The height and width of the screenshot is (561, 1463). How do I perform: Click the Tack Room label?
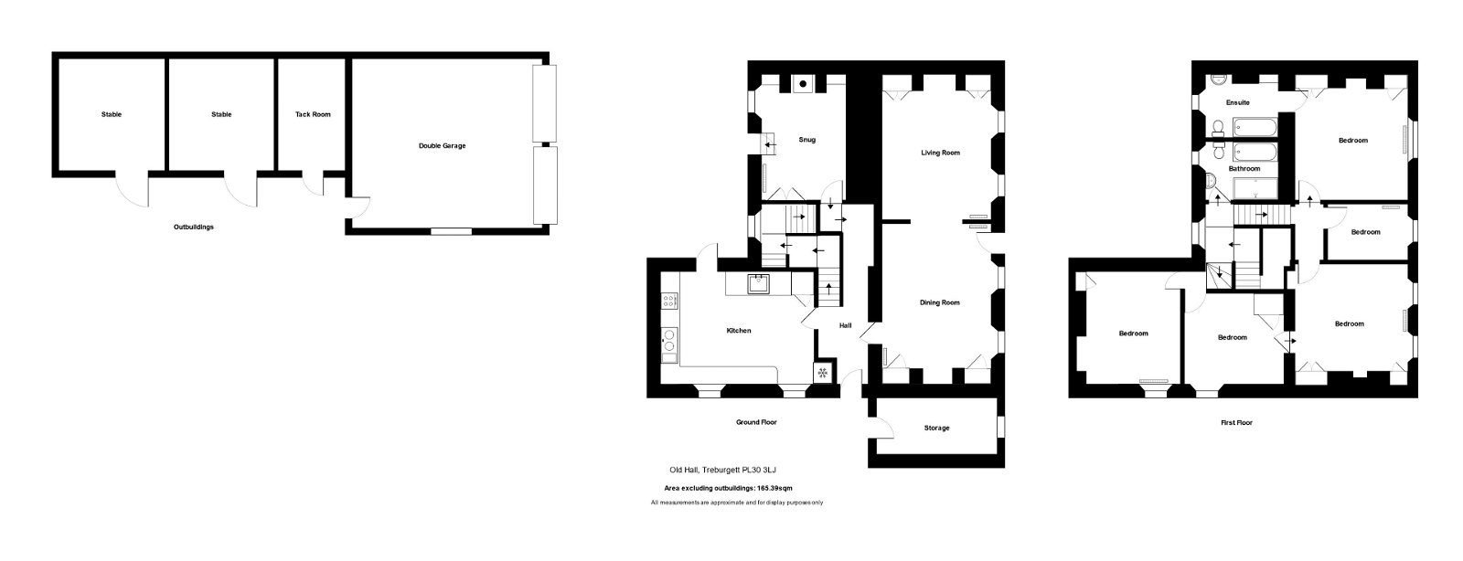(313, 114)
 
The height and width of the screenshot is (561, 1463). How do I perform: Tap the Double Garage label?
(443, 145)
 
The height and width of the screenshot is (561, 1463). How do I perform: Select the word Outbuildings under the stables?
(193, 227)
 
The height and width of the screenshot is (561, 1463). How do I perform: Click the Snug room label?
(806, 140)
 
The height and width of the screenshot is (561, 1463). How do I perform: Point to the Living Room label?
(941, 153)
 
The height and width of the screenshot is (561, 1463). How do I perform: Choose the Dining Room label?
(940, 302)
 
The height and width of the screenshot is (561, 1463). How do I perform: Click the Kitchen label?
(739, 331)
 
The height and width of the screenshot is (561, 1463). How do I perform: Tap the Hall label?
(845, 325)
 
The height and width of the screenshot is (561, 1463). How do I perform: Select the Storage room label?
(936, 428)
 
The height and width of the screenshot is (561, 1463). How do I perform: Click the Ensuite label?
(1238, 102)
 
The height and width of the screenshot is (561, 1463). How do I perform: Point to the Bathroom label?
(1244, 168)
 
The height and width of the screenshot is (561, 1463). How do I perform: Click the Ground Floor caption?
(756, 422)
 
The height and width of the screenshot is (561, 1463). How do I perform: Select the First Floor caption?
(1236, 423)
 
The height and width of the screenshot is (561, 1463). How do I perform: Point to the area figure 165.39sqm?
(774, 488)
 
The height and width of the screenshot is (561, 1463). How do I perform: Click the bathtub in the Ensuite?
(1255, 128)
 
